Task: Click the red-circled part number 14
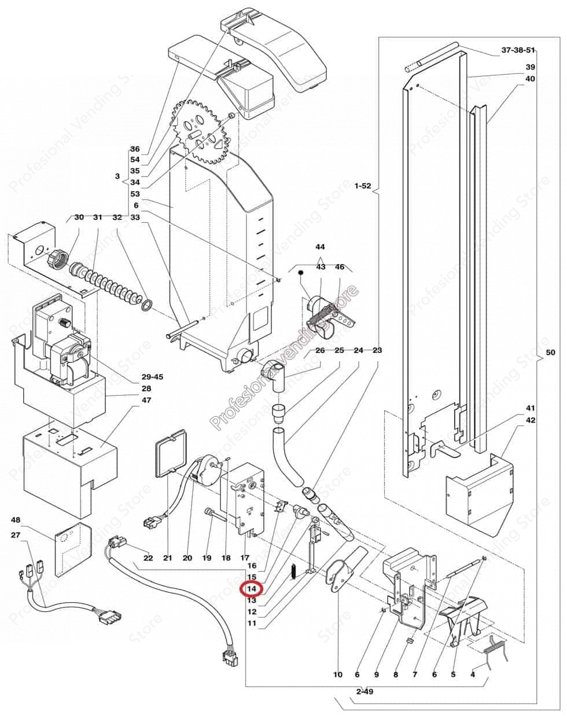point(252,588)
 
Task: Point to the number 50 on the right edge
point(552,352)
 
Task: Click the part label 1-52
point(363,186)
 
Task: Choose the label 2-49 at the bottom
point(365,692)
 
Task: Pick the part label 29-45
point(152,377)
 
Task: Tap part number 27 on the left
point(16,536)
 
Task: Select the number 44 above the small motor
point(320,247)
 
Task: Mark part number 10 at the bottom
point(338,675)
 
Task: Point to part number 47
point(146,400)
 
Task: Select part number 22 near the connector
point(148,558)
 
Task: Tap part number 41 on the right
point(531,409)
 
